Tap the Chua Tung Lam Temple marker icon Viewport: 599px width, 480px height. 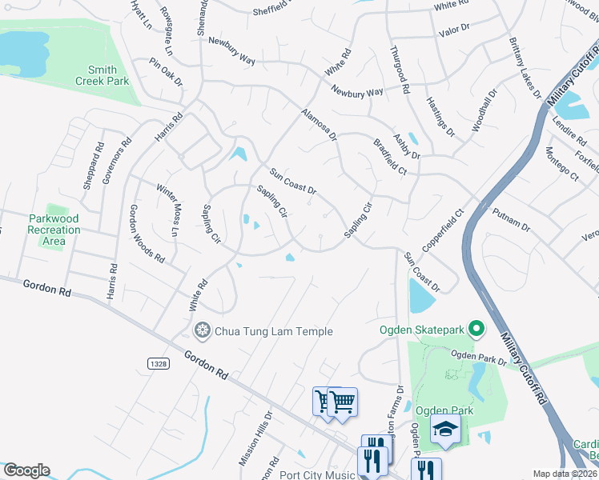click(x=203, y=330)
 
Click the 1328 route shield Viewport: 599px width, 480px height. click(x=158, y=364)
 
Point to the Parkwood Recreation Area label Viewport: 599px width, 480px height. click(x=54, y=230)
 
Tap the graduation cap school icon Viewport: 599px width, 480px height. click(x=445, y=430)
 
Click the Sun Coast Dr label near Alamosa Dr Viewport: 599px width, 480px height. click(x=293, y=182)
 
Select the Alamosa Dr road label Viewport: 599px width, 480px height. click(x=320, y=125)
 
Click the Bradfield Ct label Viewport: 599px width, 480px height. click(x=390, y=157)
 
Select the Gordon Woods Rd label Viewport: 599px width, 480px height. click(x=147, y=234)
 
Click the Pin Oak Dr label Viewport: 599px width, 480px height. click(x=167, y=71)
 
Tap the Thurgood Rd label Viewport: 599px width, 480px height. click(x=400, y=68)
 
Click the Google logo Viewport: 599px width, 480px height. click(x=26, y=470)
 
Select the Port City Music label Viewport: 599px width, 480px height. click(x=317, y=474)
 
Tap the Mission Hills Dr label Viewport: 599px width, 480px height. click(x=255, y=438)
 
